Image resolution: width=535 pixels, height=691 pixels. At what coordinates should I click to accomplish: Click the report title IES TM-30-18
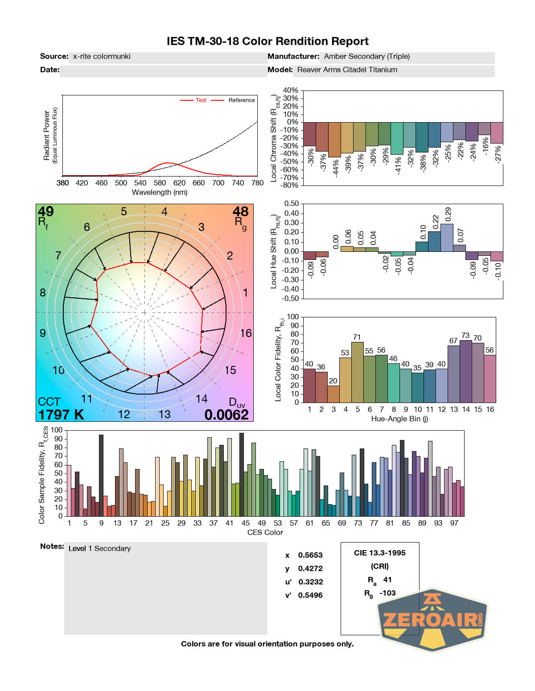267,41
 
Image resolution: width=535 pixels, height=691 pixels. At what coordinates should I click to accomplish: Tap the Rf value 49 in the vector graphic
46,211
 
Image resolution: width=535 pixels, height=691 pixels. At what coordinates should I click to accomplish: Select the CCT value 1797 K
61,415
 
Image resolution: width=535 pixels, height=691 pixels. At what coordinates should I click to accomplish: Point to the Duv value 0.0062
226,415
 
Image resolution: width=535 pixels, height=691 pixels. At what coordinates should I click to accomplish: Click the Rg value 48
240,211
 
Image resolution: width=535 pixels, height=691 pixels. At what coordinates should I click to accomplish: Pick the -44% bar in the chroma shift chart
334,140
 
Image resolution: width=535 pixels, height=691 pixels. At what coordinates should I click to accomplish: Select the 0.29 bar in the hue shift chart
447,238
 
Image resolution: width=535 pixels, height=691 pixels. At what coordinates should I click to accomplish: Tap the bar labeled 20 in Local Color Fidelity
333,394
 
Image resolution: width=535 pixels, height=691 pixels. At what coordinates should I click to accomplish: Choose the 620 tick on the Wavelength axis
179,183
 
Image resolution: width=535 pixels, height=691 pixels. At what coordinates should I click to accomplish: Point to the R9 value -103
387,593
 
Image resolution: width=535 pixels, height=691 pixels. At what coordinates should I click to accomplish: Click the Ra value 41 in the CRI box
387,580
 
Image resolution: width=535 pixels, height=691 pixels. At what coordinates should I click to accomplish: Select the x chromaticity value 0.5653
310,555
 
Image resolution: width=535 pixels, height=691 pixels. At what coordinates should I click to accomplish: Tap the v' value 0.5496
310,595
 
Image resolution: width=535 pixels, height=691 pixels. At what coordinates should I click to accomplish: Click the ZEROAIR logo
432,620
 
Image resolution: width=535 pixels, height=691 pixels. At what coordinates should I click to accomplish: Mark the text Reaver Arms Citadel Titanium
347,70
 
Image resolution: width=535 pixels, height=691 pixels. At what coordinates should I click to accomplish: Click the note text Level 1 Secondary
99,548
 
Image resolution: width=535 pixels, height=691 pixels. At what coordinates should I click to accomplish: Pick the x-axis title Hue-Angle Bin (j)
399,419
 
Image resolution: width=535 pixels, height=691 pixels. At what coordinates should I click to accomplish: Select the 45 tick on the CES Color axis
246,523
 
